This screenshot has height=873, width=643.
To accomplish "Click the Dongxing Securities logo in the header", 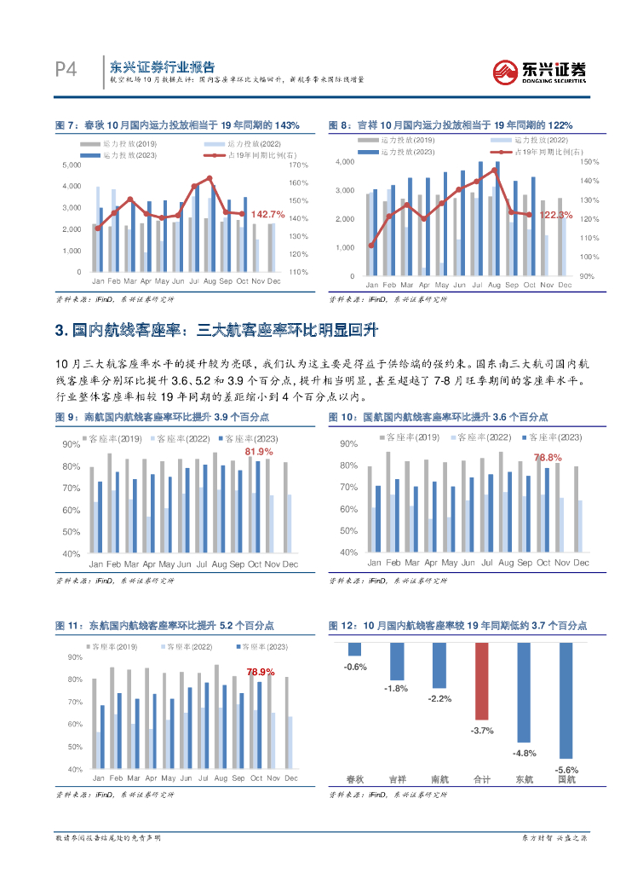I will tap(541, 71).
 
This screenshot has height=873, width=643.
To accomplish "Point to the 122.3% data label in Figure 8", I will tap(554, 215).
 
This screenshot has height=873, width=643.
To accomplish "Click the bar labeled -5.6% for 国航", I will tap(565, 700).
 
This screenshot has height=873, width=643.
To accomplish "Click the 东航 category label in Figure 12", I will tap(525, 779).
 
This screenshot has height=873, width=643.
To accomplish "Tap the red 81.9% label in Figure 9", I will tap(259, 451).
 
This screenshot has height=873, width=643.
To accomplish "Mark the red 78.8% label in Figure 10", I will tap(548, 458).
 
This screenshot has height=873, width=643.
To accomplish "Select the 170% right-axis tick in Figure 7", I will tap(297, 164).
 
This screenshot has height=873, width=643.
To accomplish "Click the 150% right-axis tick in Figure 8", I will tap(589, 161).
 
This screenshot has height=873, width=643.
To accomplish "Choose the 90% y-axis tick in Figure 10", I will tap(347, 444).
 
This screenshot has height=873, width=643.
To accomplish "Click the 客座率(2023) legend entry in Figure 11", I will tap(261, 646).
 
